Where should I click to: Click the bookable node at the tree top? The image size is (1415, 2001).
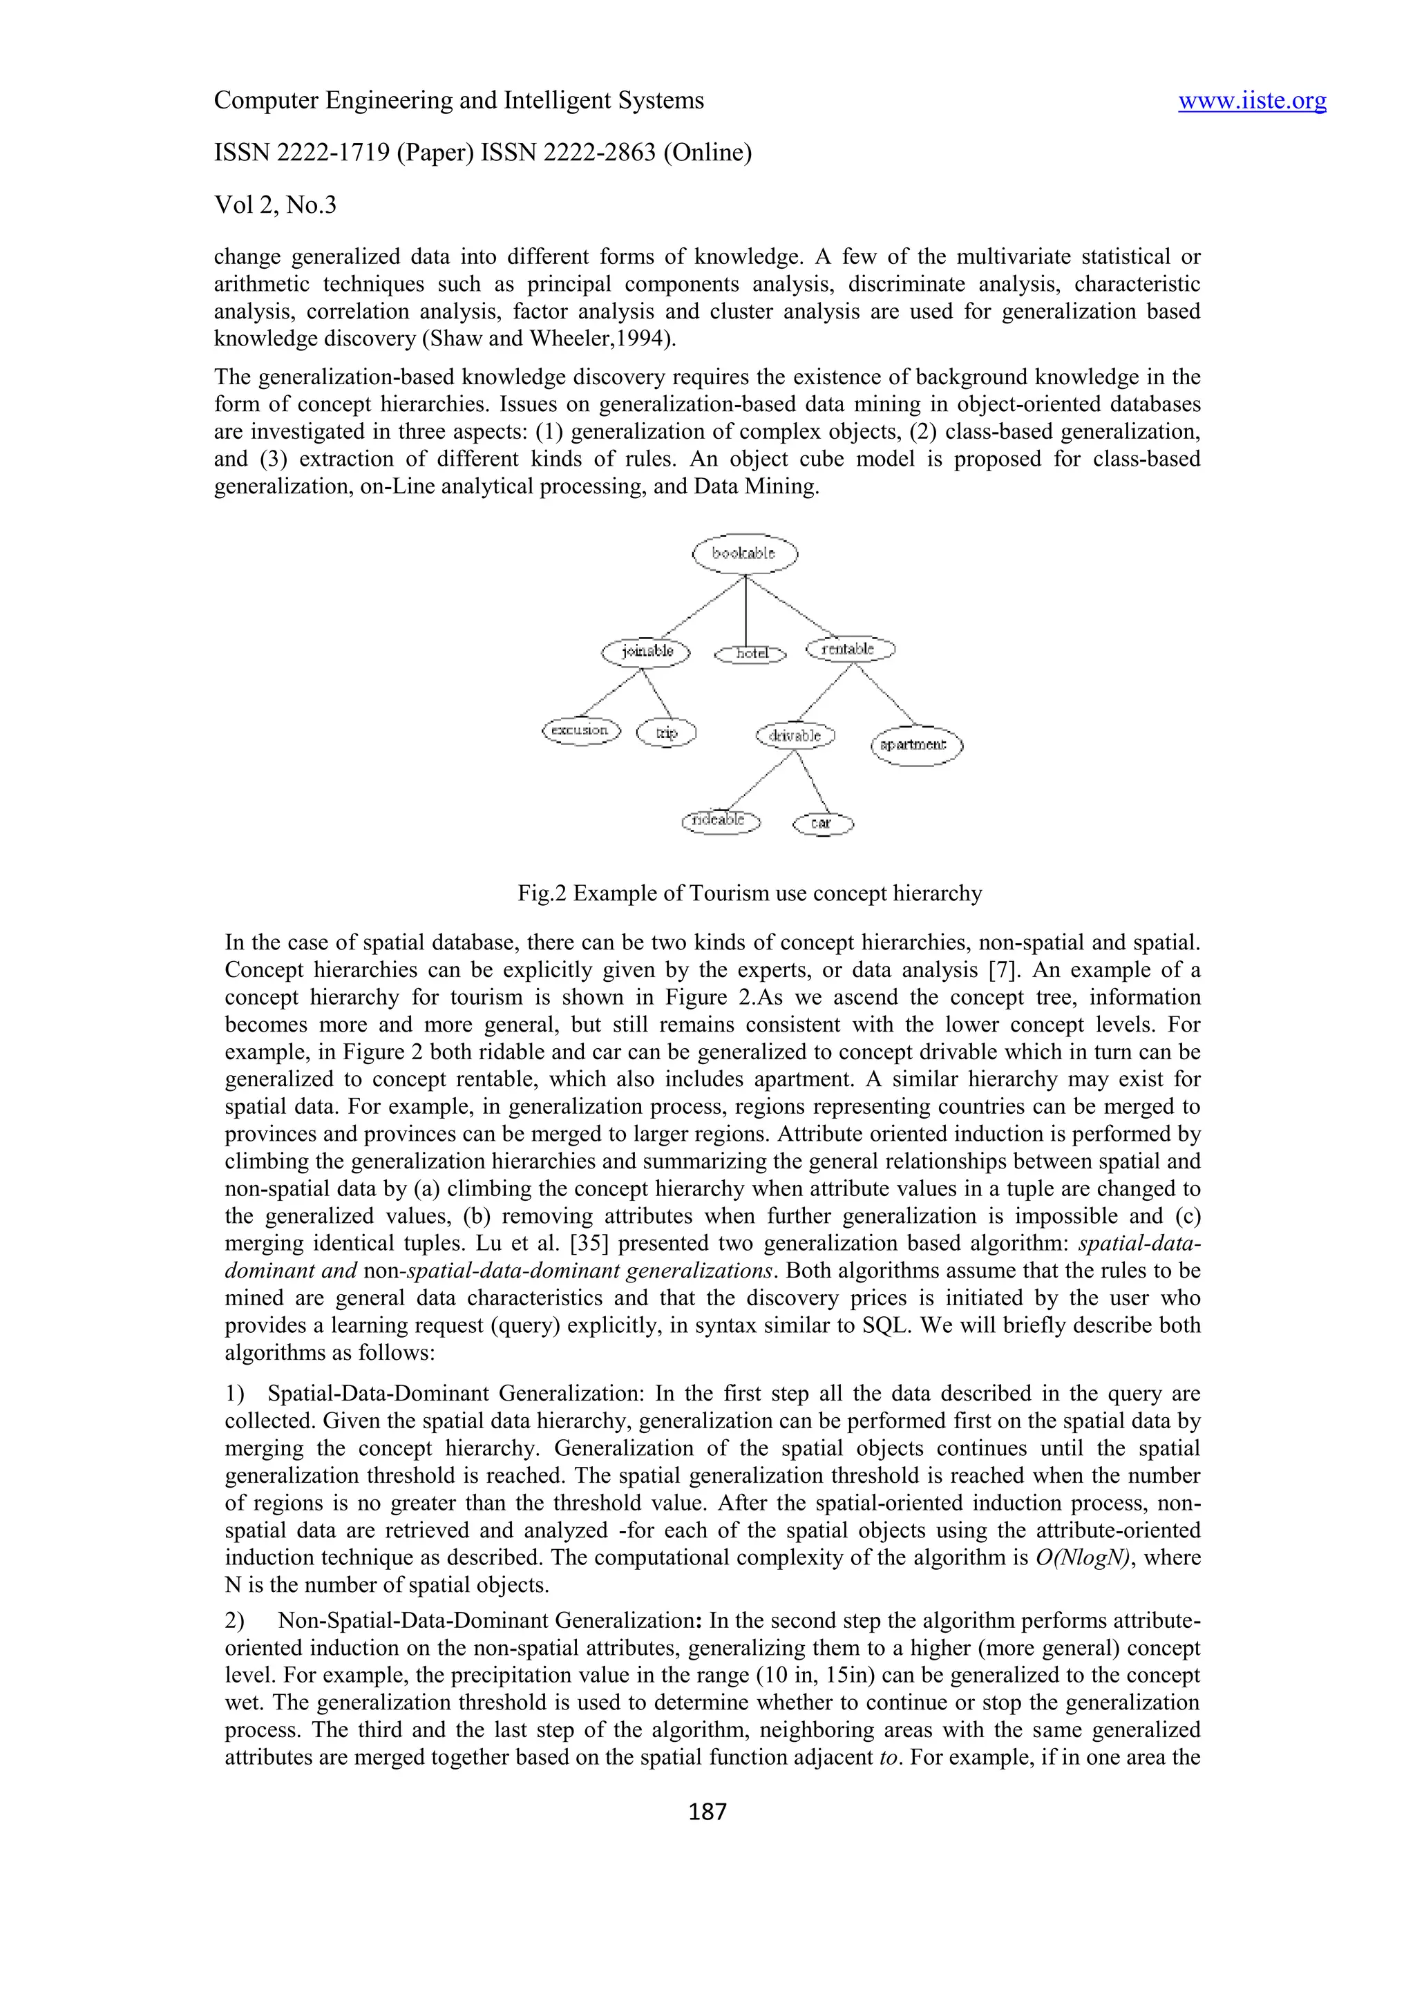(x=744, y=553)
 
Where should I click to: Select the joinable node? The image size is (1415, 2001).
(x=645, y=651)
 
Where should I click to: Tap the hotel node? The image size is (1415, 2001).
(x=750, y=654)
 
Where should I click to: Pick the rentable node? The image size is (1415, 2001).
(x=850, y=649)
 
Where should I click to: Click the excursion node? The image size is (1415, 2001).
(x=580, y=730)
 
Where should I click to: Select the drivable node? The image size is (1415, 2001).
(x=795, y=736)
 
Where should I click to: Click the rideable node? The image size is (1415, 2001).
(x=720, y=821)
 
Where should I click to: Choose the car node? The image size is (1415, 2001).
(x=822, y=824)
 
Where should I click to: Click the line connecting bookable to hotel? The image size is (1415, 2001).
(x=746, y=610)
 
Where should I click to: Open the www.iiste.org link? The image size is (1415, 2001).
(x=1252, y=101)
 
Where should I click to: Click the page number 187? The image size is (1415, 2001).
(x=707, y=1812)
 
